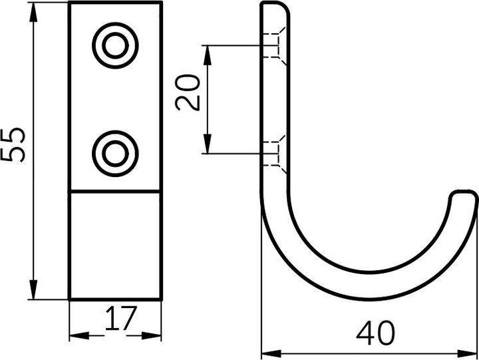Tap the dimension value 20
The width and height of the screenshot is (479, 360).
tap(188, 92)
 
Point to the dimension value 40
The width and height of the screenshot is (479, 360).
tap(375, 333)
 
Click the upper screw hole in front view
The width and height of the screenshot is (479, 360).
tap(116, 46)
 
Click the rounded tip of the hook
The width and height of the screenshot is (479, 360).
tap(463, 196)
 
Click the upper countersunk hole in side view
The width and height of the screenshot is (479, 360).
tap(275, 45)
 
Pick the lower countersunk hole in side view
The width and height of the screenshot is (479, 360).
tap(275, 153)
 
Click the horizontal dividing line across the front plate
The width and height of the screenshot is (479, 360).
tap(116, 192)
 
